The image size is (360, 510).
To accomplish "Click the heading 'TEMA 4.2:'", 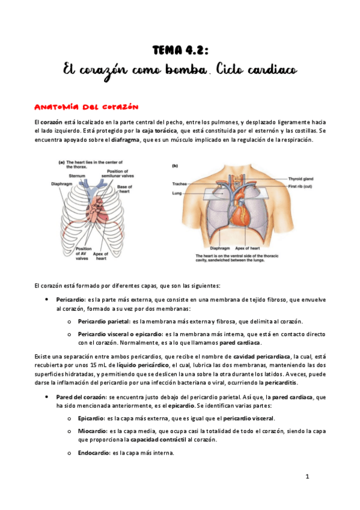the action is click(179, 49).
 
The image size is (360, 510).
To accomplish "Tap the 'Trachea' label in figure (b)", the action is click(180, 183).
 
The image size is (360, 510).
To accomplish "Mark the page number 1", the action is click(307, 477).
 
